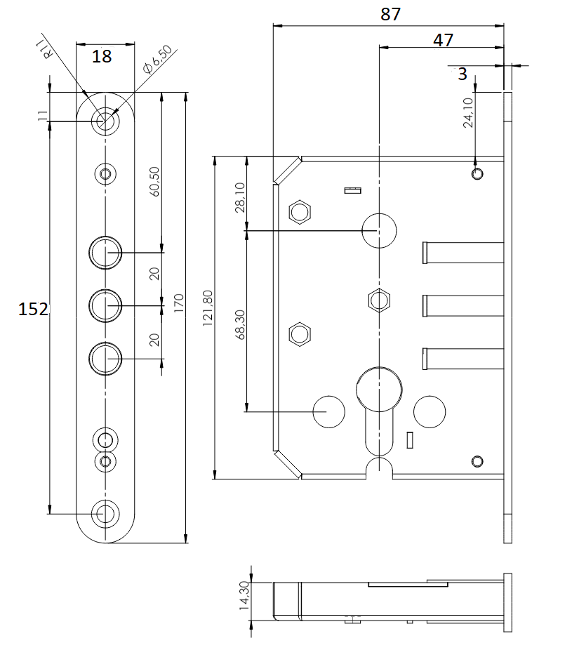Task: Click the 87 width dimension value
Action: [x=390, y=13]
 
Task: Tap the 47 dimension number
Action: [x=443, y=40]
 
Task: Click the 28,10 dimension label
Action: [x=240, y=197]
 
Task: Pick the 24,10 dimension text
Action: [x=468, y=112]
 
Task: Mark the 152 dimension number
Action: [x=34, y=309]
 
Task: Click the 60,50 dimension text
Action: [x=155, y=182]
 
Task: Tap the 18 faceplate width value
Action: [x=102, y=56]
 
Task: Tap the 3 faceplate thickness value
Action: [x=462, y=73]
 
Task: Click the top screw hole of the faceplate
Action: [x=105, y=121]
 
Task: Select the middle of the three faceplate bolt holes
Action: [x=105, y=305]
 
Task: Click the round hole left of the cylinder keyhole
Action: [x=328, y=411]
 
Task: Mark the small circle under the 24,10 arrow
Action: [x=477, y=173]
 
